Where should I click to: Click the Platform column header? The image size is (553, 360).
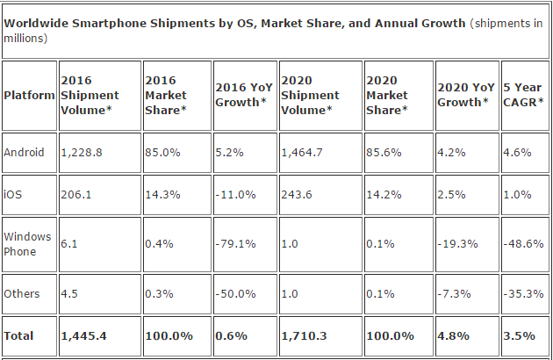pyautogui.click(x=28, y=95)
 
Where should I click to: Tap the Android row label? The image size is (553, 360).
pyautogui.click(x=24, y=151)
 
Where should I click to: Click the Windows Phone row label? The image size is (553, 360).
pyautogui.click(x=28, y=243)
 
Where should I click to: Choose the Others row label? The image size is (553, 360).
pyautogui.click(x=22, y=294)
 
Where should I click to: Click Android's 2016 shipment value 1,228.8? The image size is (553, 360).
pyautogui.click(x=82, y=151)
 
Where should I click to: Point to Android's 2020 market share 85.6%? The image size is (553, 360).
pyautogui.click(x=383, y=151)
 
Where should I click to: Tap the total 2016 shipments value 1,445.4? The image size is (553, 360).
pyautogui.click(x=84, y=336)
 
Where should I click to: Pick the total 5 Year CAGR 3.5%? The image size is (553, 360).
pyautogui.click(x=516, y=336)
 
